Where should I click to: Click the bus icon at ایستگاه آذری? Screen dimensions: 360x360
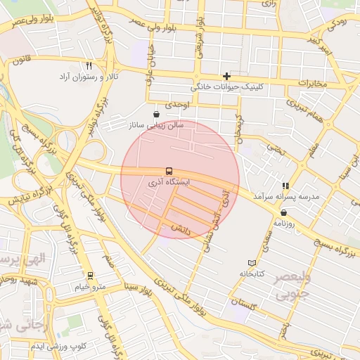(169, 171)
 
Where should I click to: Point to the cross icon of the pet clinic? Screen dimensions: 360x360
(226, 76)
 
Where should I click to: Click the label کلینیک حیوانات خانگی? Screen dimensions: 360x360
(226, 88)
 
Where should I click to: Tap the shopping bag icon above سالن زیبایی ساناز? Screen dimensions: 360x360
(155, 113)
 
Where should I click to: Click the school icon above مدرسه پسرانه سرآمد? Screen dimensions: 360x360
(285, 186)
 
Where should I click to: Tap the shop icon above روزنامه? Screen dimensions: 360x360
(283, 212)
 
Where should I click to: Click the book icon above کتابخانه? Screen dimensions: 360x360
(252, 262)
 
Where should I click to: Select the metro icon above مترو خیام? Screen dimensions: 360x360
(89, 276)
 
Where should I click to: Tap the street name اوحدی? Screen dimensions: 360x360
(176, 105)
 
